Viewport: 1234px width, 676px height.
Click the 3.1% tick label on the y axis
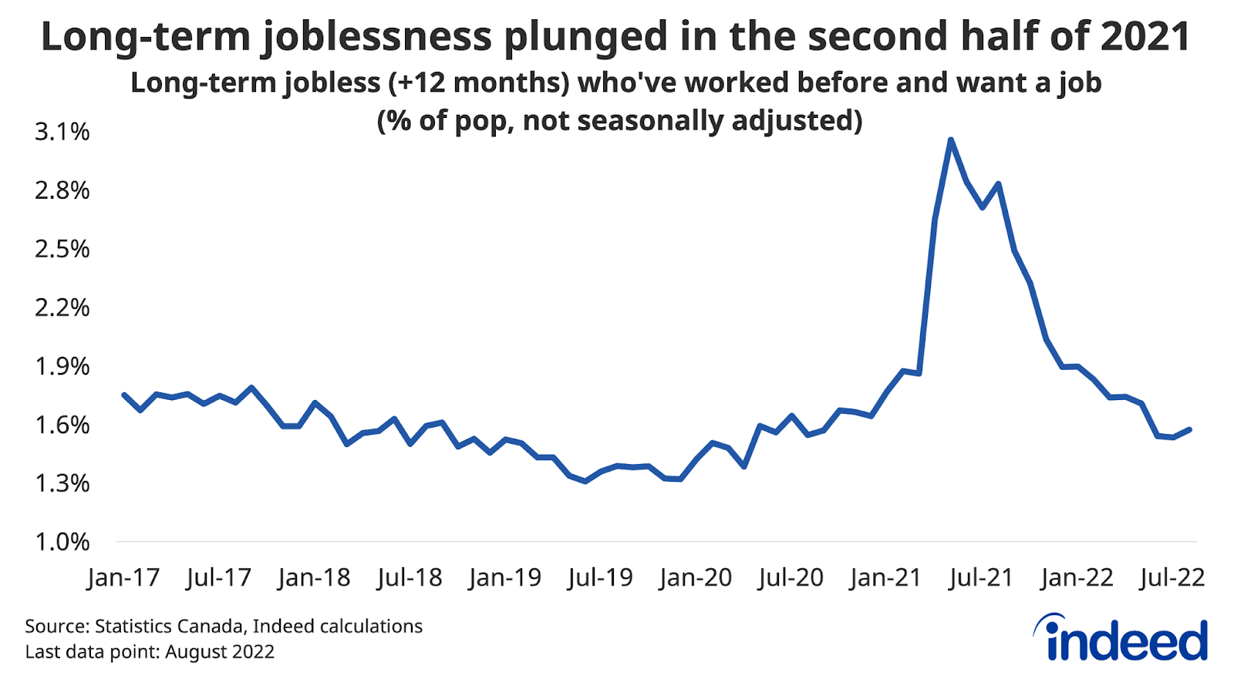coord(62,132)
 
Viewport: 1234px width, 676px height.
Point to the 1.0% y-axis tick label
coord(62,542)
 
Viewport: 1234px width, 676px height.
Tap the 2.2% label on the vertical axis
coord(62,308)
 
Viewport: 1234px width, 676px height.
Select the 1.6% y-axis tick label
coord(62,425)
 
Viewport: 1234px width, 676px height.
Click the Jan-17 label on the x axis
coord(123,577)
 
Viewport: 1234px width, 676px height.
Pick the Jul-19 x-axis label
coord(600,577)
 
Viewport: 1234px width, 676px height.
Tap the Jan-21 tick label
coord(885,577)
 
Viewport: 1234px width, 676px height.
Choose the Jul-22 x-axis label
coord(1172,577)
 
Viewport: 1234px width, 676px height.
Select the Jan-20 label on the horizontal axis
coord(695,577)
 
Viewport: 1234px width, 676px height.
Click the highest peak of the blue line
coord(951,140)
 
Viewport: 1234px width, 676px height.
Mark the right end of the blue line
coord(1190,429)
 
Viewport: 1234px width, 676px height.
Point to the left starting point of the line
coord(124,395)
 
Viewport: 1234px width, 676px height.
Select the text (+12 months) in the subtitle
coord(478,82)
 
